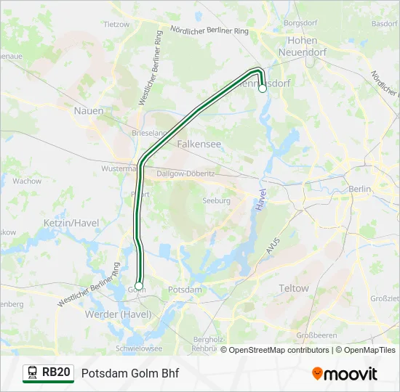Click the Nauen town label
[x=89, y=110]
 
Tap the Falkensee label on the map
[x=199, y=144]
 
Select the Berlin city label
[x=360, y=189]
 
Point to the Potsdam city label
[x=185, y=290]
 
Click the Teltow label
[x=294, y=288]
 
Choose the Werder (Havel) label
[x=118, y=314]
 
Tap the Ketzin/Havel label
[x=71, y=222]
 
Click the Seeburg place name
[x=216, y=200]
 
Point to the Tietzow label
[x=116, y=24]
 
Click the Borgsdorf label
[x=302, y=23]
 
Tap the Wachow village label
[x=27, y=181]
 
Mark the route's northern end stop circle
[x=263, y=89]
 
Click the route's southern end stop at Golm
[x=138, y=286]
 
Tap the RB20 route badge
[x=48, y=372]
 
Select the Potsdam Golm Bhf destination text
[x=130, y=373]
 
